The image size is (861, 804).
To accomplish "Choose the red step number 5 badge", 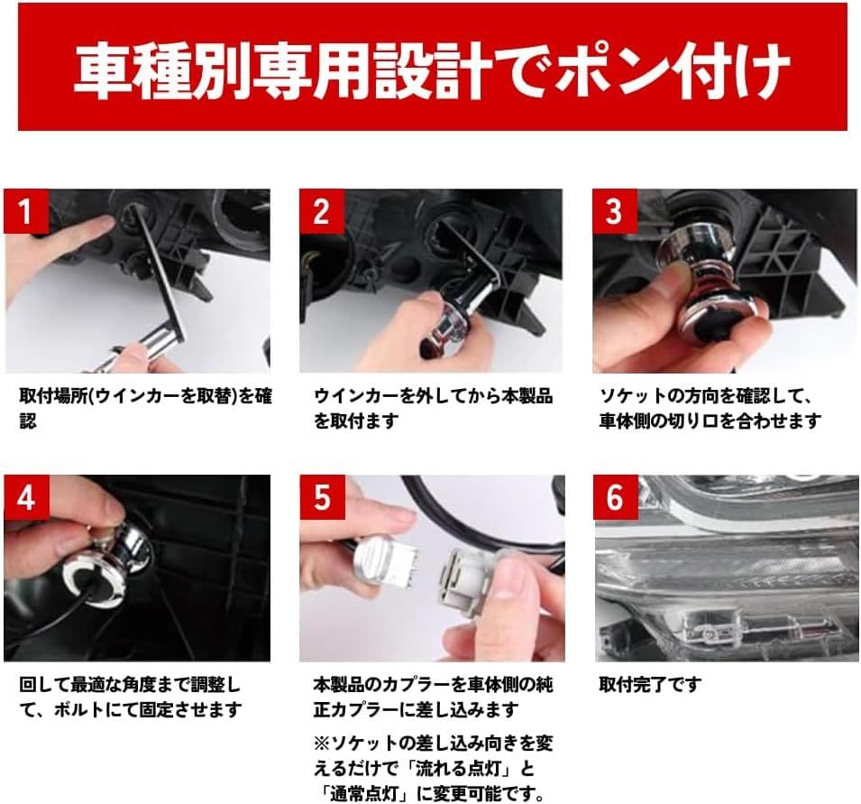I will coord(321,497).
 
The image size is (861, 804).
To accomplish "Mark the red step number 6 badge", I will coord(615,497).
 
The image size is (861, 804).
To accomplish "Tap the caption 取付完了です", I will coord(649,685).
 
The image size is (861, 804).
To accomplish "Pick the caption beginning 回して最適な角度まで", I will coord(131,697).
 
